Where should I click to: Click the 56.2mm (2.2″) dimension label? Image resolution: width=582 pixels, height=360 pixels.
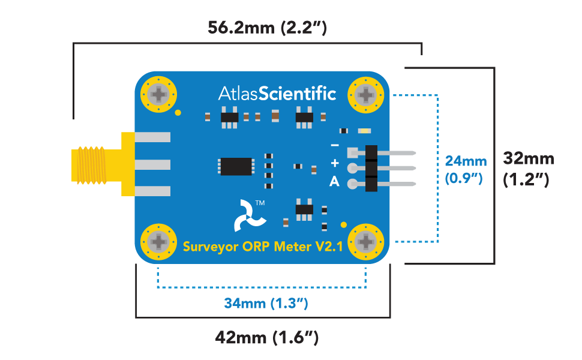[266, 28]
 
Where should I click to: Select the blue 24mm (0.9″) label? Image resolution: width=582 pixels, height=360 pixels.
[465, 169]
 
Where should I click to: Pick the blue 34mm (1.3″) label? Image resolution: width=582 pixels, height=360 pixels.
[266, 304]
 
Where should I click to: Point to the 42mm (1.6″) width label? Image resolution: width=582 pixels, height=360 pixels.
[266, 337]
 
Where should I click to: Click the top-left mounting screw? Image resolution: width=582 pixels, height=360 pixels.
[160, 95]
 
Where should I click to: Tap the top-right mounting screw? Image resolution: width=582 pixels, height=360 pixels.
[366, 95]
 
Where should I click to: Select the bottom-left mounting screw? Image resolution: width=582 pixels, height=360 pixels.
[160, 242]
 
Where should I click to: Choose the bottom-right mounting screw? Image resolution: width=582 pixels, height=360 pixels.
[366, 242]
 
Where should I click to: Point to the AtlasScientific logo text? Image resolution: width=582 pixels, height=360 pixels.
[277, 94]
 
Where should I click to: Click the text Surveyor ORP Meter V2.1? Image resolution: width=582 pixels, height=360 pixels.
[262, 247]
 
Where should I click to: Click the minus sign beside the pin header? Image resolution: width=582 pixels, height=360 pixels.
[334, 145]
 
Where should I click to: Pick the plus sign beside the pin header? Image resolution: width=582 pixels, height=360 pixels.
[334, 164]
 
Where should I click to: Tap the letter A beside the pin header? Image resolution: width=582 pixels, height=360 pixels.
[334, 182]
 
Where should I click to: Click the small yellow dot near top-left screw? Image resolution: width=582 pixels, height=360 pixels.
[178, 112]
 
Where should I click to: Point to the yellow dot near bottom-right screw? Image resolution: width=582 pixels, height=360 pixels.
[344, 225]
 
